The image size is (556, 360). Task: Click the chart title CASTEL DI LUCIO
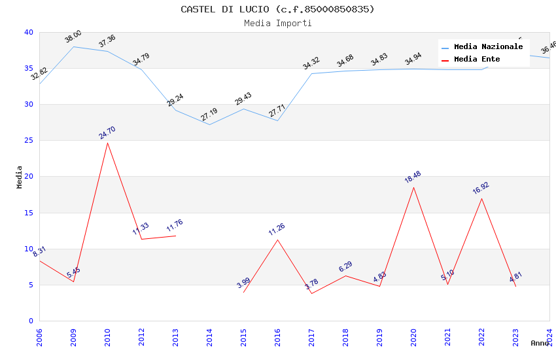click(277, 9)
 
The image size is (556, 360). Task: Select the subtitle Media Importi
click(277, 23)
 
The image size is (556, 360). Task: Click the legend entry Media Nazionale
click(488, 47)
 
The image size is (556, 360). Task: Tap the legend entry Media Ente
click(477, 59)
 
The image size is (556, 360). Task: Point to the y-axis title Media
click(20, 177)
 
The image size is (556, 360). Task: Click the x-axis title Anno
click(540, 343)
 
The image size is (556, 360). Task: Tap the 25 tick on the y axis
click(29, 141)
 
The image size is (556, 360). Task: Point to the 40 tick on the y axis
click(29, 33)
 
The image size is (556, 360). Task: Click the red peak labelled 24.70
click(107, 143)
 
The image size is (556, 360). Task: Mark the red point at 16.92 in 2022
click(481, 198)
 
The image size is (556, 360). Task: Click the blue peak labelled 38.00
click(73, 46)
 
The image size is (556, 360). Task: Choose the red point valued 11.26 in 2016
click(277, 240)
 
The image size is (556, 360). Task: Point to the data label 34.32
click(311, 63)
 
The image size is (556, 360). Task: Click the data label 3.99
click(243, 283)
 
